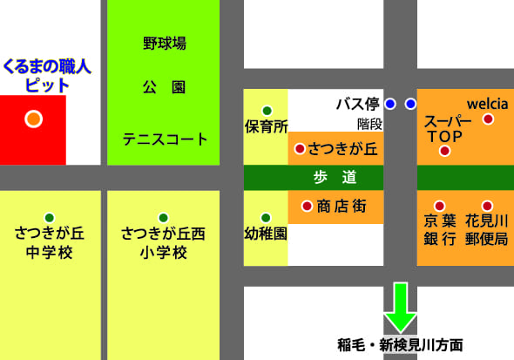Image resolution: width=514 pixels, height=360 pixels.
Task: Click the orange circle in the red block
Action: [x=33, y=119]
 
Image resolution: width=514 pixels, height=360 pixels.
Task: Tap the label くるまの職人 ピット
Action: [x=48, y=75]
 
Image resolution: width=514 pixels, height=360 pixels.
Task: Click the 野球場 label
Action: [x=165, y=44]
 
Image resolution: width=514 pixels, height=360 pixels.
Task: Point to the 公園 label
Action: [x=165, y=89]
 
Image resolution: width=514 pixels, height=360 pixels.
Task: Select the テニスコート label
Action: [x=165, y=139]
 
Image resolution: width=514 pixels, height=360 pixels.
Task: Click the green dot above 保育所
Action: [x=267, y=110]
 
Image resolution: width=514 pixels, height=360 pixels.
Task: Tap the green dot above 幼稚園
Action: [x=267, y=216]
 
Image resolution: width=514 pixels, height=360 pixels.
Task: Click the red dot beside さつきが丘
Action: [x=300, y=149]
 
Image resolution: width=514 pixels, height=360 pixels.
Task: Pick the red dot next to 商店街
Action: [x=306, y=207]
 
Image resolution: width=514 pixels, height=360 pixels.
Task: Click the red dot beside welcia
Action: [x=488, y=119]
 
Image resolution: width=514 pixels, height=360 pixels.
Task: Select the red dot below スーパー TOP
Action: [x=444, y=151]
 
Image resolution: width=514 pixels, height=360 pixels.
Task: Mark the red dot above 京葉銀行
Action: [x=439, y=206]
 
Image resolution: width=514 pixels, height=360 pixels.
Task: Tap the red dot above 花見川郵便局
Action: [x=487, y=206]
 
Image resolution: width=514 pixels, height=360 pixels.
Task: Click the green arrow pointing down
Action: [x=402, y=306]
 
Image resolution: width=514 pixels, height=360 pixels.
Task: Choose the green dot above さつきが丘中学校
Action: [x=50, y=217]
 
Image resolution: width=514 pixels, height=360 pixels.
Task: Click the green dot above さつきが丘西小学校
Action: [x=163, y=217]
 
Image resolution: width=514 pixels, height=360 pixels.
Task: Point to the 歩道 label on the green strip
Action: [x=335, y=178]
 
